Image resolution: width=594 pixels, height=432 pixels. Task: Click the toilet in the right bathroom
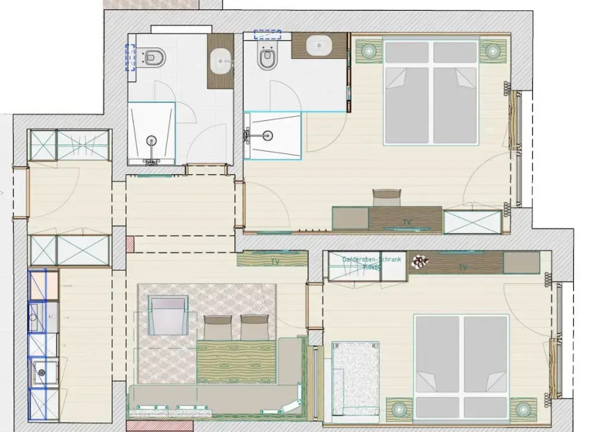267,57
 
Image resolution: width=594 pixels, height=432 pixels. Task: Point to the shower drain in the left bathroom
152,140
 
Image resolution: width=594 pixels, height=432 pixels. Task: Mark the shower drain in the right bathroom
268,134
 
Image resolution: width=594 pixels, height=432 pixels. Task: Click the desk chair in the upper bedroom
386,197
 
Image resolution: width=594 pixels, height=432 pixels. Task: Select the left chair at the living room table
219,327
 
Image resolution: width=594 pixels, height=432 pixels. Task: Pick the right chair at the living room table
253,327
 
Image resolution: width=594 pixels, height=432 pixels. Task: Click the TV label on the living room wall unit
275,261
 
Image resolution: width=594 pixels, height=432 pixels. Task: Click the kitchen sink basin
36,315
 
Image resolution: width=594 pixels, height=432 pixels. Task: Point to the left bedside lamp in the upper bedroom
370,51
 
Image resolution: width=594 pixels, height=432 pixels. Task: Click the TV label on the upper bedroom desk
407,222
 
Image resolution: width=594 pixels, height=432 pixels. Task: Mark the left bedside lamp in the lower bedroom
400,410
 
